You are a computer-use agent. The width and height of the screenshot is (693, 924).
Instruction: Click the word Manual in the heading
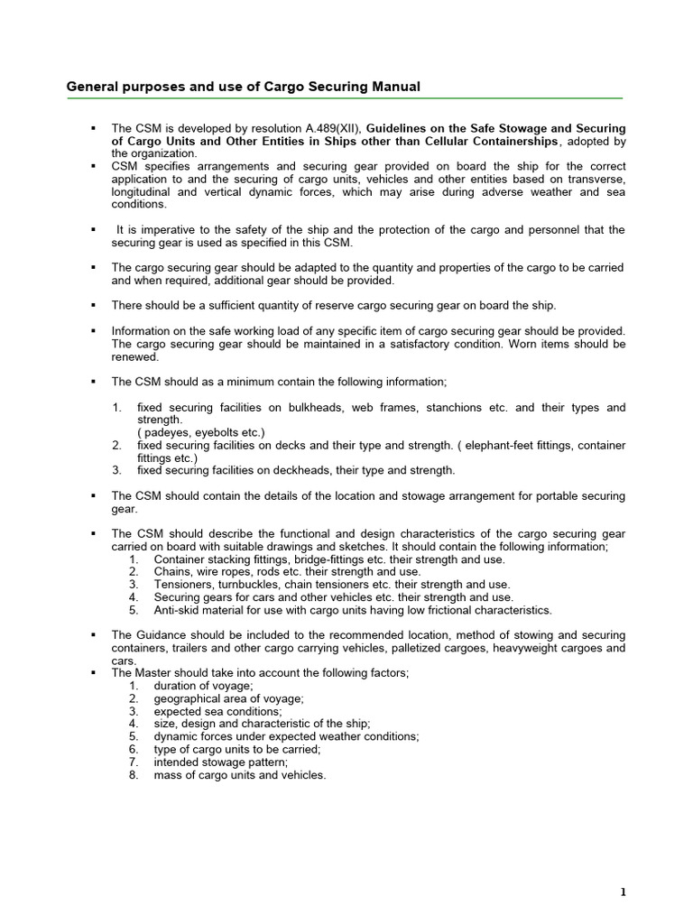click(x=394, y=87)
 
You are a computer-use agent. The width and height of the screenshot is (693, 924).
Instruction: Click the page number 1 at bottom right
click(x=623, y=892)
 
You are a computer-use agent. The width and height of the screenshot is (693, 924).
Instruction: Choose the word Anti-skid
click(x=180, y=610)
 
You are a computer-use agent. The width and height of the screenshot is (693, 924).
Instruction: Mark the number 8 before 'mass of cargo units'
click(x=133, y=774)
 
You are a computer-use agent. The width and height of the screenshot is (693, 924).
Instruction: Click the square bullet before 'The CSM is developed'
click(x=93, y=129)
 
